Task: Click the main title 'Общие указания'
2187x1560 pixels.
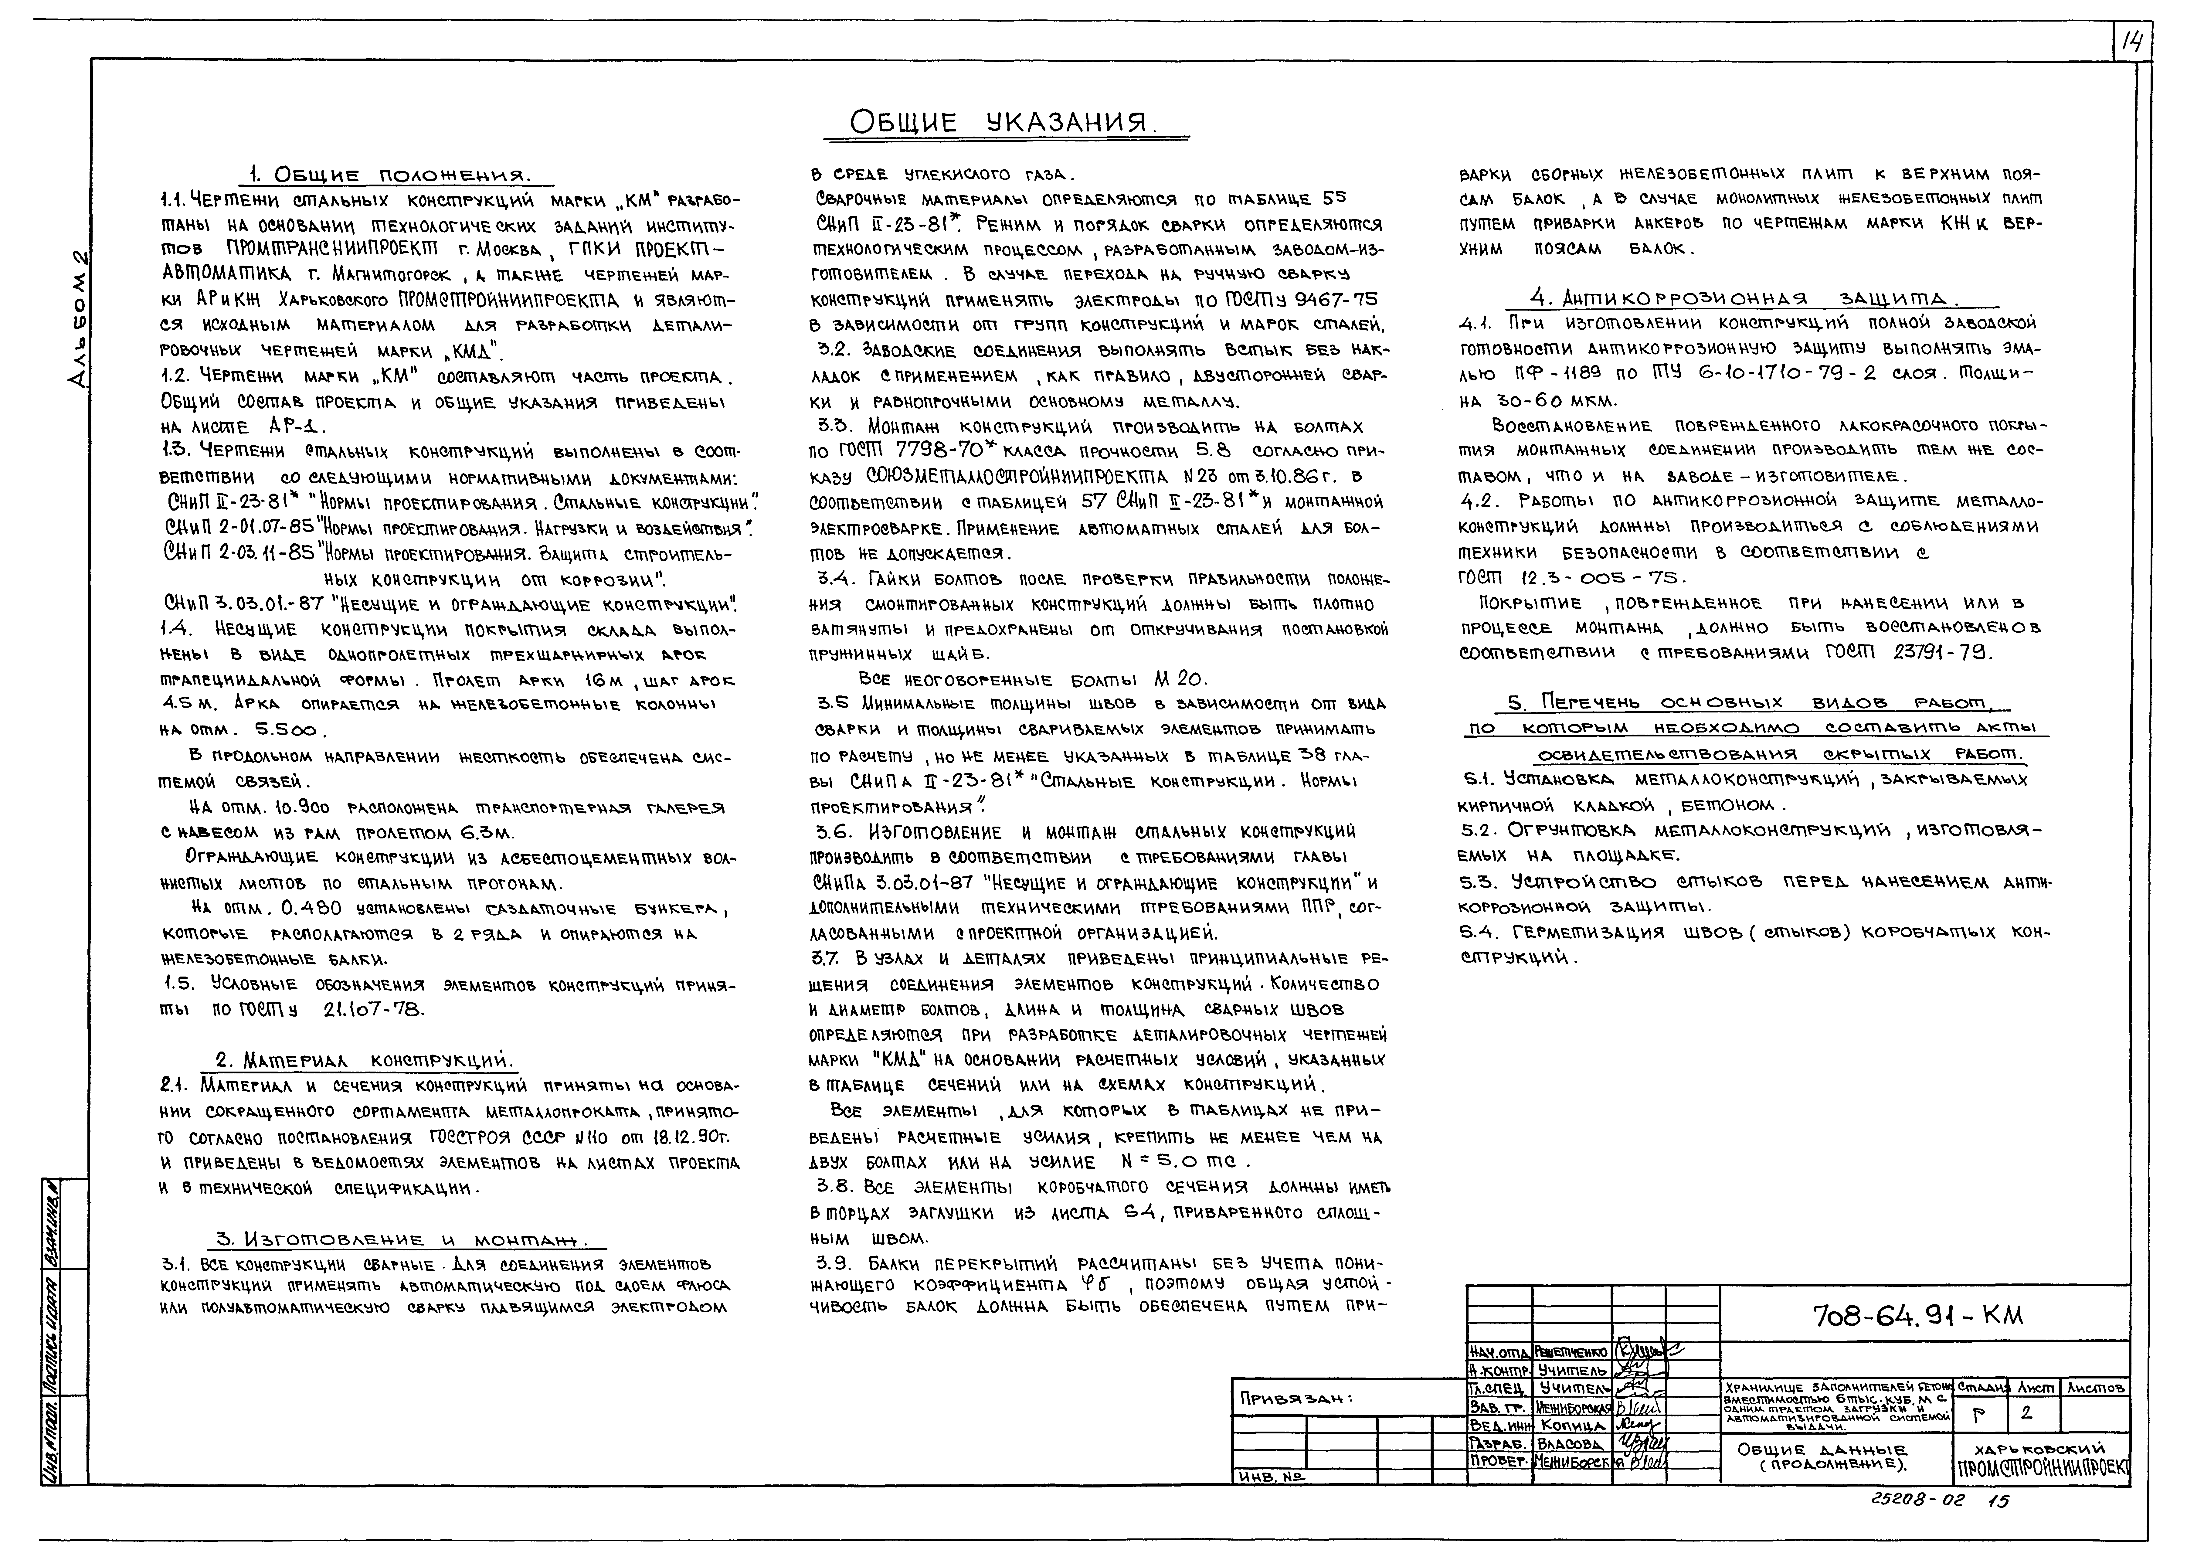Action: (1004, 123)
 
